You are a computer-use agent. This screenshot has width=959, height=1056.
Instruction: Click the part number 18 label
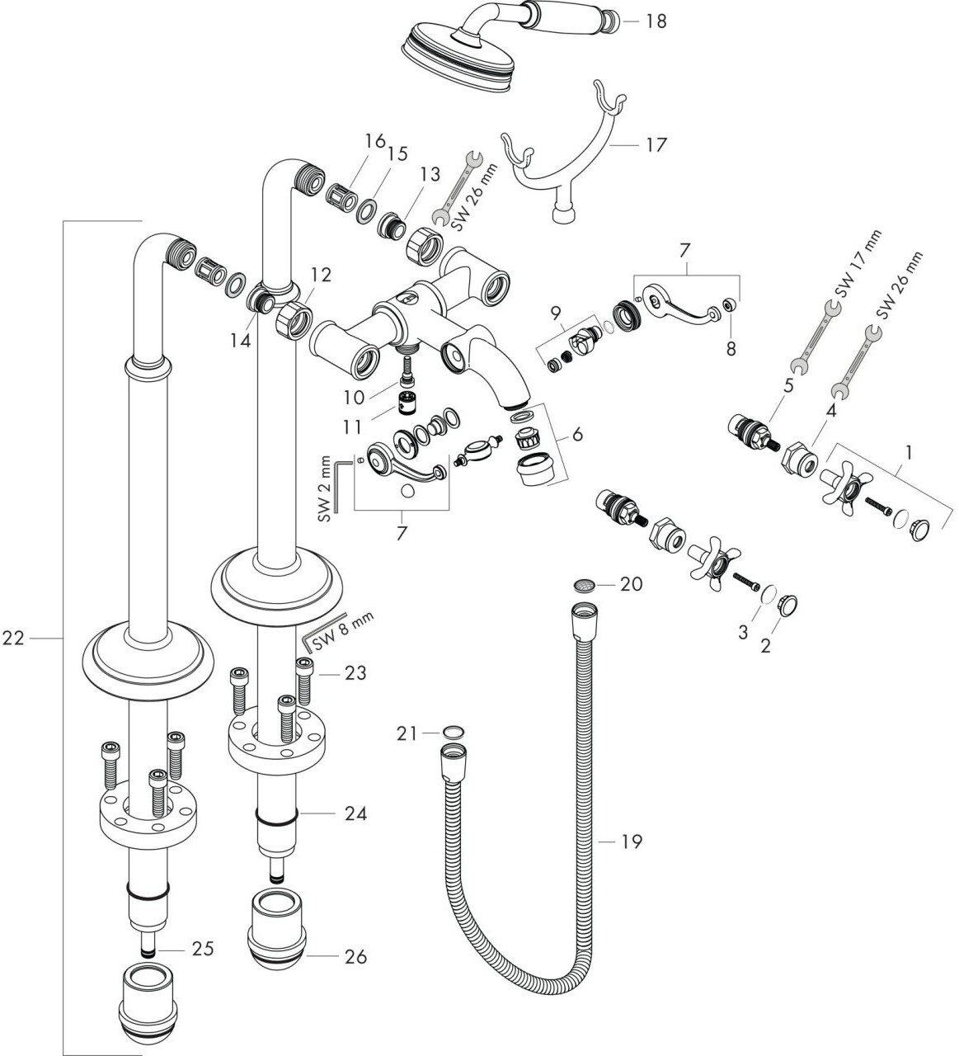[656, 21]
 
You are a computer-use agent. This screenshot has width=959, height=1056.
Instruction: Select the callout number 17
[656, 145]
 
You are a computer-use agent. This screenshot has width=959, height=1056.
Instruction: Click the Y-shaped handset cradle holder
[569, 157]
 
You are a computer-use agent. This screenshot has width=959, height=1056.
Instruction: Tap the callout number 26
[355, 957]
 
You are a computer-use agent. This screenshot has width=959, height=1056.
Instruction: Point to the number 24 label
[355, 814]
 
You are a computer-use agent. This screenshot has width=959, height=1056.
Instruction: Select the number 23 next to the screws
[355, 673]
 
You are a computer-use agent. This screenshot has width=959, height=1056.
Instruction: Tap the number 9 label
[556, 313]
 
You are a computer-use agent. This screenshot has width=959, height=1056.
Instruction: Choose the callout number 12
[322, 276]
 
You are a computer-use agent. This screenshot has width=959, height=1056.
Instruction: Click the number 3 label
[743, 633]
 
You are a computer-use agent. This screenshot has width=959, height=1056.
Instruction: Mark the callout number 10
[354, 398]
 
